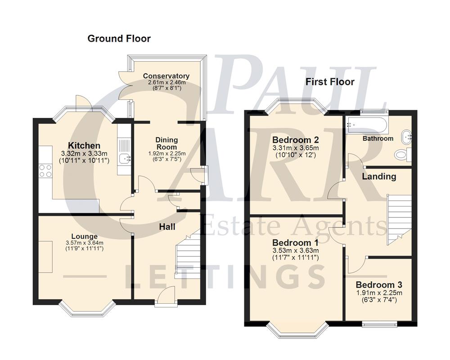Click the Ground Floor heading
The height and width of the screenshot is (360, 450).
119,39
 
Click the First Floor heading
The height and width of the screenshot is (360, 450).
330,82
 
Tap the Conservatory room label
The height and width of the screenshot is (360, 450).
166,76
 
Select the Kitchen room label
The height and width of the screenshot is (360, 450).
84,145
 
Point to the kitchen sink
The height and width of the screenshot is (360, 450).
123,157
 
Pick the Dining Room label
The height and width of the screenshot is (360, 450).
166,144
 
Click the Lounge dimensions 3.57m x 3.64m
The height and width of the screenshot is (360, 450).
85,243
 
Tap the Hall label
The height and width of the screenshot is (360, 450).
167,227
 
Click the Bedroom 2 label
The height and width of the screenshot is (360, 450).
296,139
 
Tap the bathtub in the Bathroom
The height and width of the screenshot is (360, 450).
366,124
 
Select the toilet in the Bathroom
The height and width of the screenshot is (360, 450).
401,155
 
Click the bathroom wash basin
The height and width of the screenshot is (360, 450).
407,135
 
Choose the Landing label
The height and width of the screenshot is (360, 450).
379,176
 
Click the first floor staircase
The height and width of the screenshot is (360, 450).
399,218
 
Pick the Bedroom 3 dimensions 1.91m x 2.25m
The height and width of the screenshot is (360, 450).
379,293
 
